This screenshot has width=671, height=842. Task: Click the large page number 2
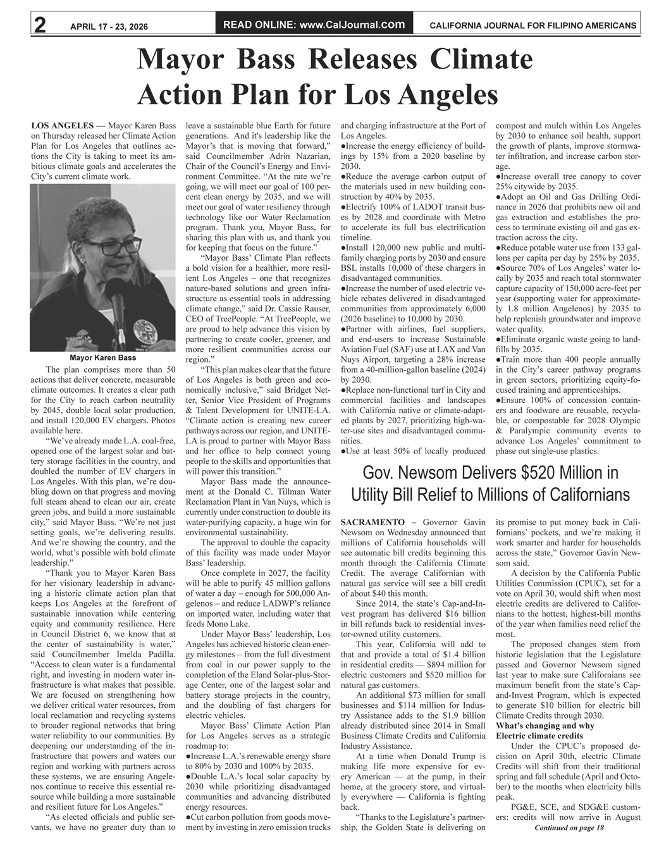click(39, 25)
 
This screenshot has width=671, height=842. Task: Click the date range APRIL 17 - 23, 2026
click(109, 26)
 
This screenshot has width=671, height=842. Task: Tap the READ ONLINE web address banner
click(314, 25)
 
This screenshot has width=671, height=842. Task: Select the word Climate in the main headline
click(480, 59)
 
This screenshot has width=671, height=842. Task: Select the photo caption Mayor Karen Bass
click(102, 358)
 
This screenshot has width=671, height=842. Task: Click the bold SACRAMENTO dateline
click(372, 522)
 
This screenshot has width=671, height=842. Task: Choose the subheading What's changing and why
click(545, 726)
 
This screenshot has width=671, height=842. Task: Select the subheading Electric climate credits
click(539, 736)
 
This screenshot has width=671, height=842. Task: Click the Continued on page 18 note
click(569, 827)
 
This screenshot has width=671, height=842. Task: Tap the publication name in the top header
click(532, 26)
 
